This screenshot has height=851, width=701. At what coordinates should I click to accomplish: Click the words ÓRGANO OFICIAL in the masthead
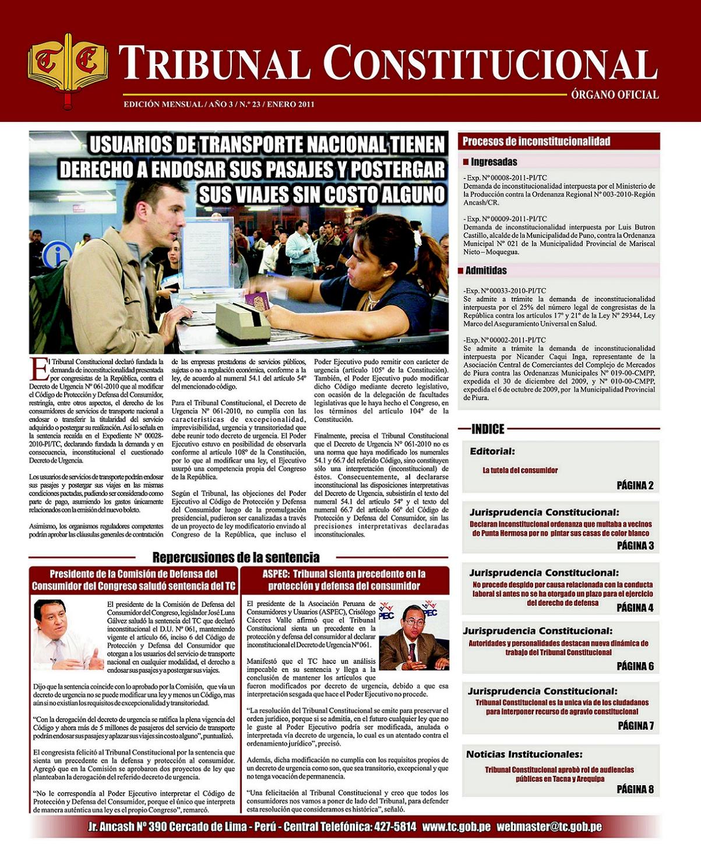[x=615, y=94]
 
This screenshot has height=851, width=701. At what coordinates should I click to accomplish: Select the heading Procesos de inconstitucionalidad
[x=536, y=141]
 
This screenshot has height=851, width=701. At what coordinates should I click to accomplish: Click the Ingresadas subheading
[x=494, y=162]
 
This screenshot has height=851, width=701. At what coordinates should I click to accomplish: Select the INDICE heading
[x=488, y=429]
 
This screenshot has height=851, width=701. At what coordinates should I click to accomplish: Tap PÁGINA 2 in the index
[x=635, y=485]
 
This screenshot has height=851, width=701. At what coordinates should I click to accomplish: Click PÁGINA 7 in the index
[x=635, y=726]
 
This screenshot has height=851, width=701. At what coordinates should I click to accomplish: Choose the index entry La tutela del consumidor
[x=520, y=470]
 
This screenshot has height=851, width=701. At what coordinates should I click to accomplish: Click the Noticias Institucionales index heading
[x=524, y=754]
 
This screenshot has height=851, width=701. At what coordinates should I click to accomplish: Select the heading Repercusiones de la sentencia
[x=235, y=557]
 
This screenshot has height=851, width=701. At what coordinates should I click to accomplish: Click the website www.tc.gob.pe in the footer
[x=456, y=827]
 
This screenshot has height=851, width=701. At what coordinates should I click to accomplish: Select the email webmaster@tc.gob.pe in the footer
[x=549, y=827]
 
